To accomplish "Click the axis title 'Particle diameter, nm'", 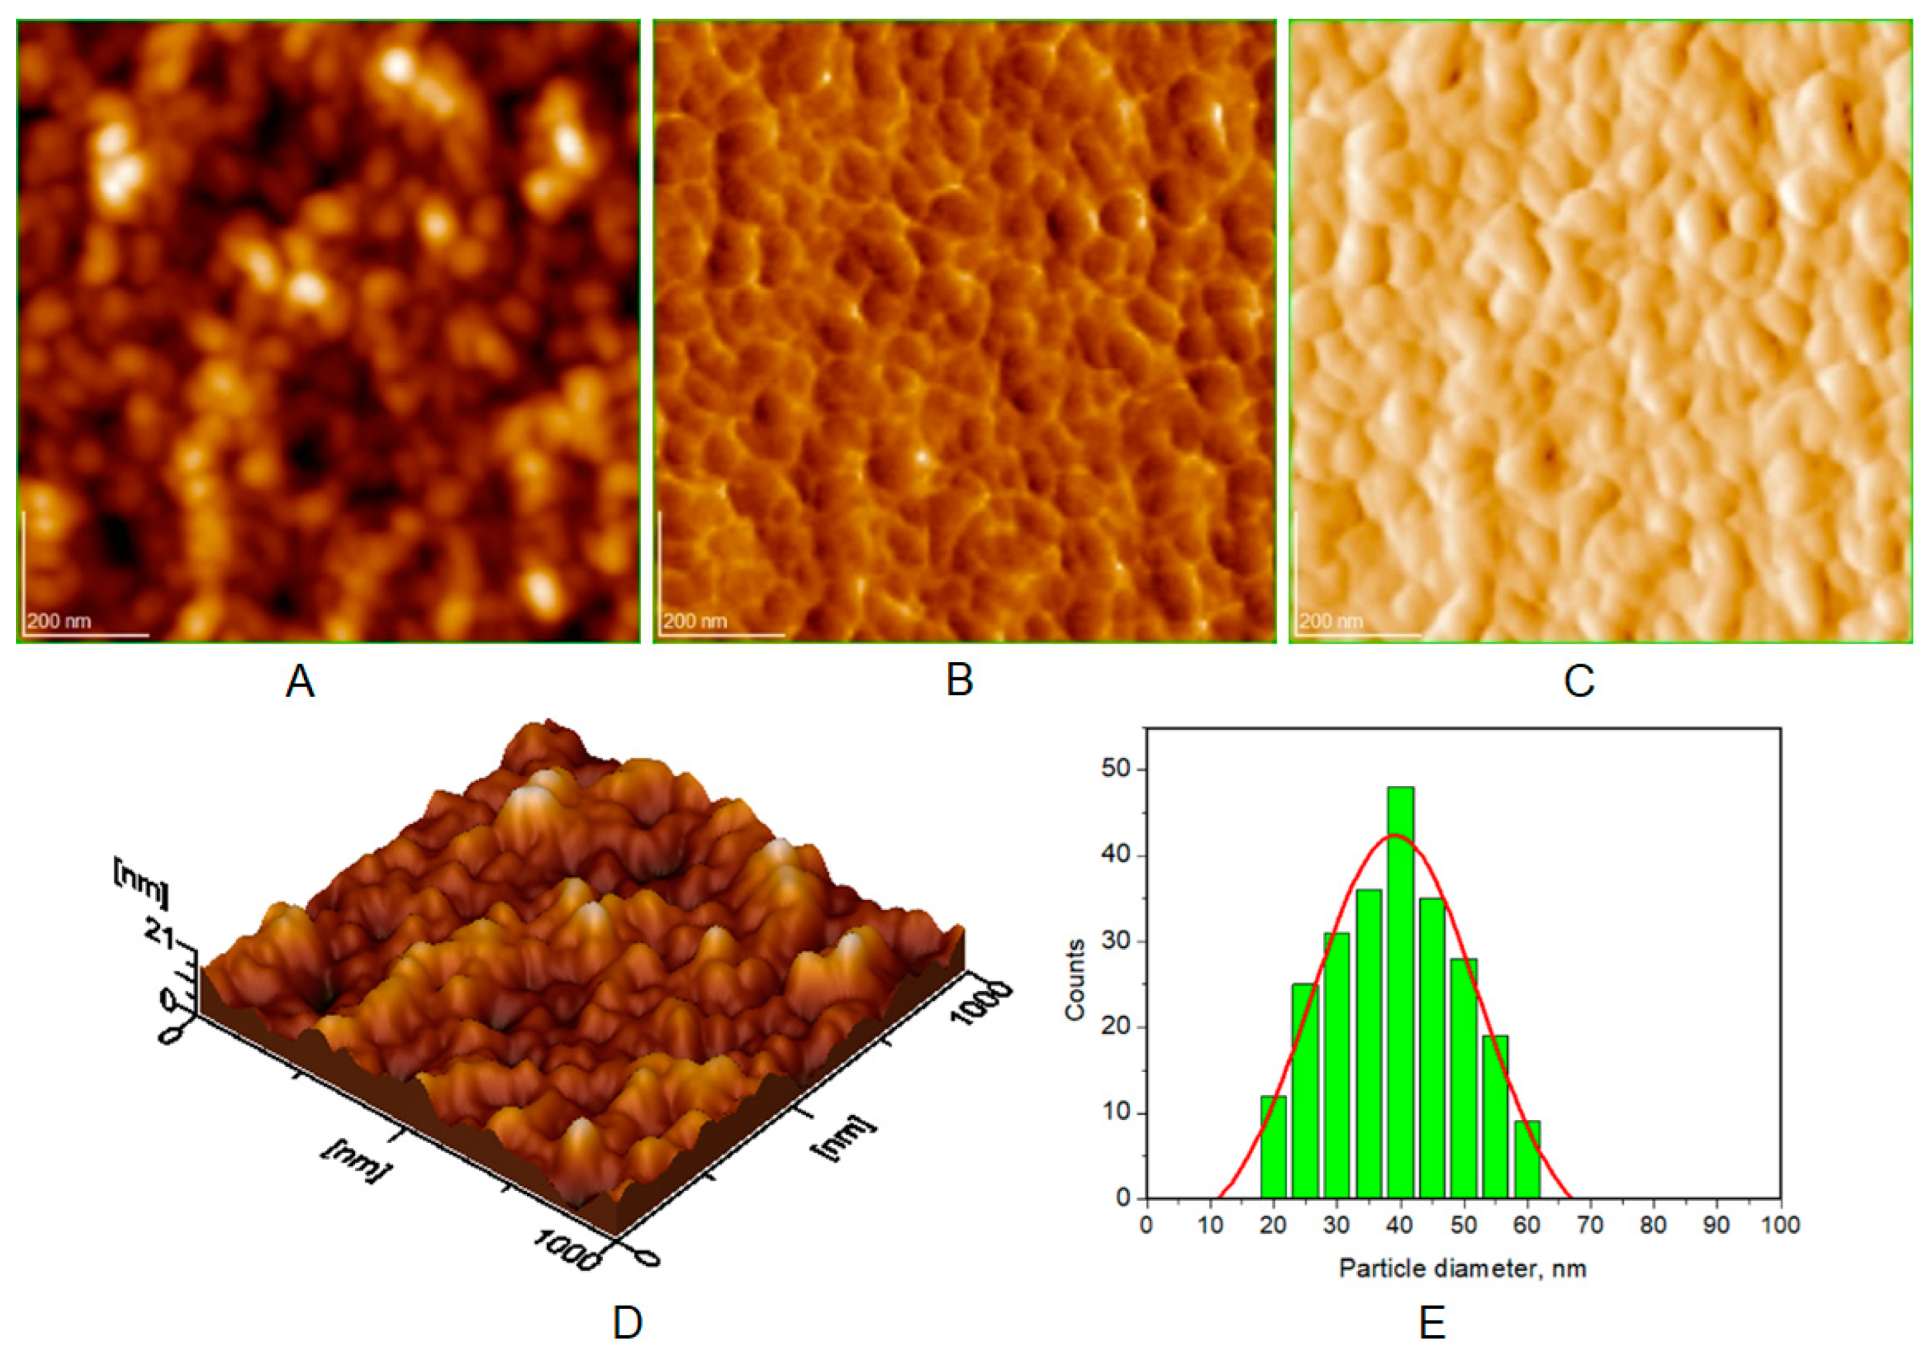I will pyautogui.click(x=1463, y=1268).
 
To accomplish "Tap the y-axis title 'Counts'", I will pyautogui.click(x=1075, y=980).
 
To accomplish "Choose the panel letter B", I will pyautogui.click(x=960, y=680).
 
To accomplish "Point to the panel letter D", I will pyautogui.click(x=627, y=1323).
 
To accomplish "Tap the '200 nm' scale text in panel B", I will pyautogui.click(x=694, y=622).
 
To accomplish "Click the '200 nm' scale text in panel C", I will pyautogui.click(x=1330, y=622).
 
